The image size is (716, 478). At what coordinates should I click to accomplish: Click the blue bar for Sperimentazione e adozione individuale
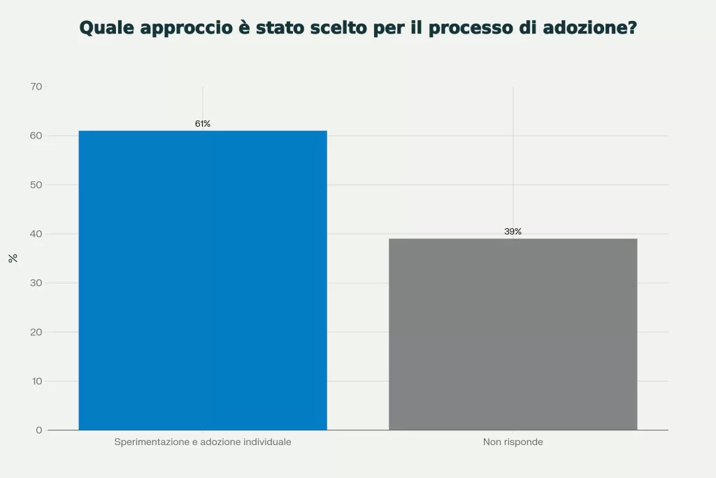[x=203, y=280]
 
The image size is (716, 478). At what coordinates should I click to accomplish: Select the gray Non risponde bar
[x=513, y=334]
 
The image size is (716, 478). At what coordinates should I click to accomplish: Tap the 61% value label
[x=203, y=124]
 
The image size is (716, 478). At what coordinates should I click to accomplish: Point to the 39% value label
[x=513, y=232]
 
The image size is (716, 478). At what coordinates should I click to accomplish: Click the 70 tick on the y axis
[x=36, y=87]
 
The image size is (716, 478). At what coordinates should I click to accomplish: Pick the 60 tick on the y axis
[x=36, y=136]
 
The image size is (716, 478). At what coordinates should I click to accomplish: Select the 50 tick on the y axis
[x=36, y=185]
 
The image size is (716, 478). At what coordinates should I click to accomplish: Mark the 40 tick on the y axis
[x=36, y=234]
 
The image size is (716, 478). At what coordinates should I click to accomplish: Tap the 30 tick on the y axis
[x=36, y=283]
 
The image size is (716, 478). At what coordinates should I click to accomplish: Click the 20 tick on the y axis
[x=36, y=332]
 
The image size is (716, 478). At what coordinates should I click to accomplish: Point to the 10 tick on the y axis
[x=36, y=381]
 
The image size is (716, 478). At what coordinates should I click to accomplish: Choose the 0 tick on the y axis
[x=39, y=430]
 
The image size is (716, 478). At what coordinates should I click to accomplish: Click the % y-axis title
[x=13, y=258]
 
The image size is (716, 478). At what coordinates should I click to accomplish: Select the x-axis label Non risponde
[x=513, y=442]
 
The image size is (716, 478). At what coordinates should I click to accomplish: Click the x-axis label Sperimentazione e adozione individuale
[x=203, y=442]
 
